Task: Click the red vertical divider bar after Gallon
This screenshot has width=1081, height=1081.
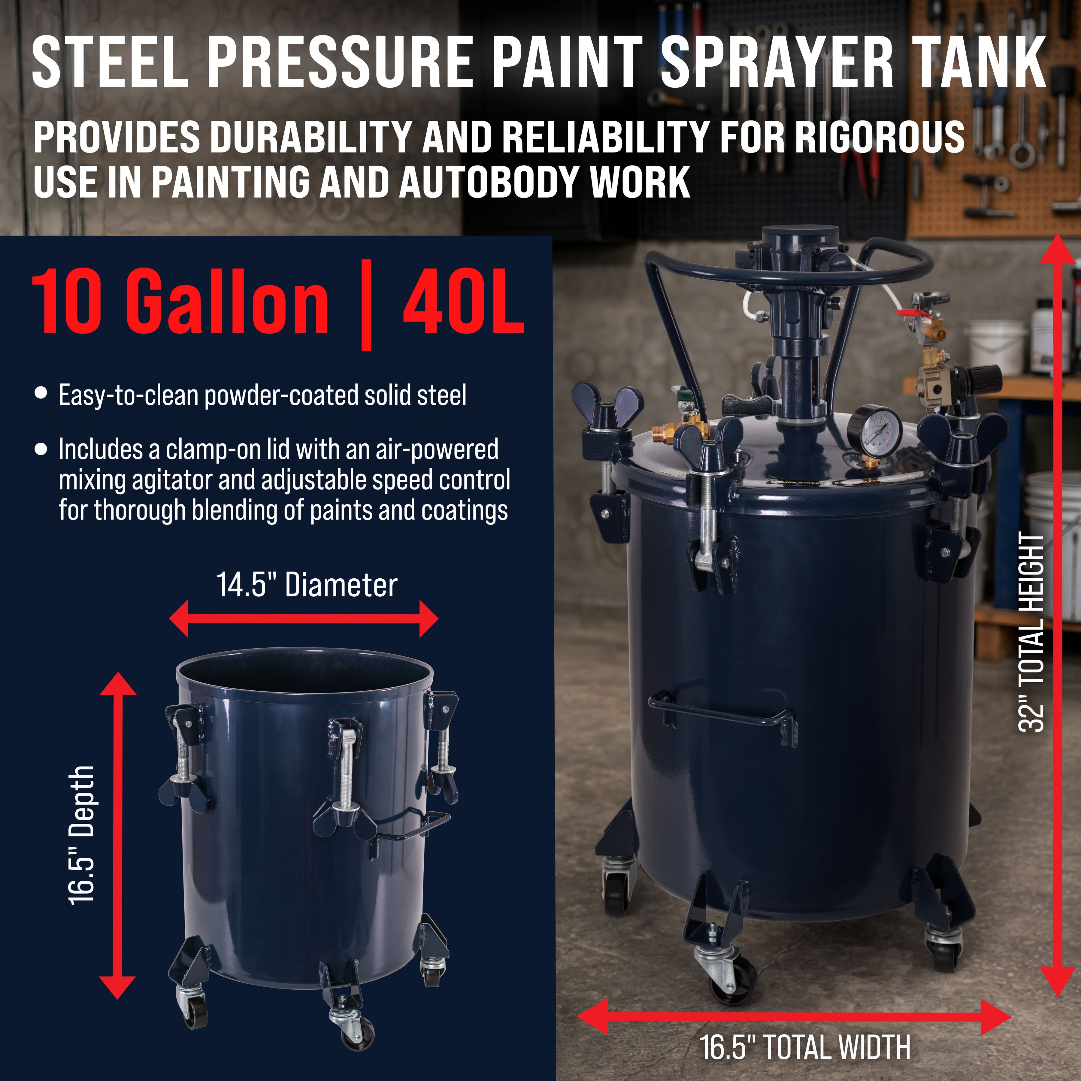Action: click(366, 305)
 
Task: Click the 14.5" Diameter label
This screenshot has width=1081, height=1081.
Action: click(307, 586)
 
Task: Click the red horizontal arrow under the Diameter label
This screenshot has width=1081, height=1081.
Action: click(304, 618)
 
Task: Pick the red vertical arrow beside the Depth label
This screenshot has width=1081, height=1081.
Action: click(117, 835)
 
